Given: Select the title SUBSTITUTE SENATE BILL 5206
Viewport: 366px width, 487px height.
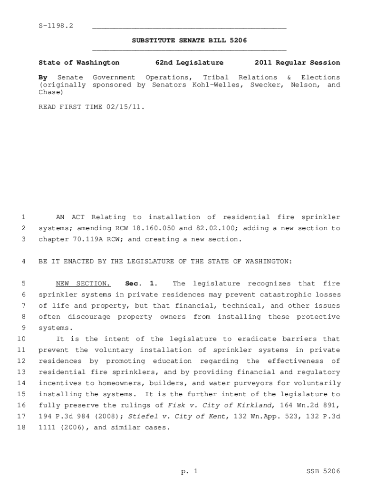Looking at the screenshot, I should pos(189,41).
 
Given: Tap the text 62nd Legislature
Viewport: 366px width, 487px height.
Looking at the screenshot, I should pos(189,63).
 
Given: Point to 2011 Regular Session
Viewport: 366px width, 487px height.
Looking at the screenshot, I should pos(297,63).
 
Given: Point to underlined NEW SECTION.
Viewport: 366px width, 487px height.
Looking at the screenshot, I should pos(83,284).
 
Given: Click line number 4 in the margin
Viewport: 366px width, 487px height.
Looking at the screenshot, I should pos(23,262).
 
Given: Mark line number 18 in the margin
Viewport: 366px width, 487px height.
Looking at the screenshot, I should pos(21,427).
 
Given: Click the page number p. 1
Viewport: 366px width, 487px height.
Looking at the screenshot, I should pos(189,471).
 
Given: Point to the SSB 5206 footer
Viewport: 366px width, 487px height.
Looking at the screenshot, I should pos(324,471).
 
